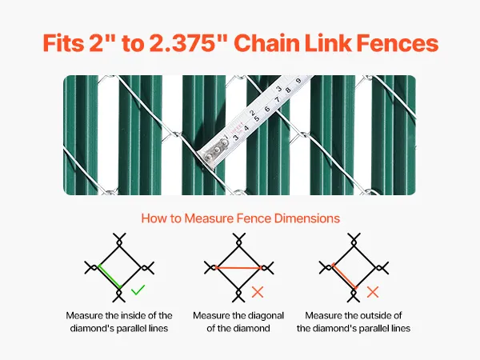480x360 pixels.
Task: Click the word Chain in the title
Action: point(267,43)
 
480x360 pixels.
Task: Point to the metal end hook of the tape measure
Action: point(214,150)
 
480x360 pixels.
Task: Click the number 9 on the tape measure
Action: point(298,81)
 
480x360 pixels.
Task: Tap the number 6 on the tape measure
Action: point(267,109)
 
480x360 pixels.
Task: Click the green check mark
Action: point(138,290)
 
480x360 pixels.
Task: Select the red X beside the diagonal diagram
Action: point(258,292)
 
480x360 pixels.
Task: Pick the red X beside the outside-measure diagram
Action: point(373,292)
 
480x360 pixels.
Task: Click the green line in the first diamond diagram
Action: point(110,276)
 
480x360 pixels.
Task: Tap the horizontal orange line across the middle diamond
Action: point(238,267)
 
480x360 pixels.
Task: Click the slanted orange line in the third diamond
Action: point(344,276)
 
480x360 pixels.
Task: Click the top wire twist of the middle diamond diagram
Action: point(239,242)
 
